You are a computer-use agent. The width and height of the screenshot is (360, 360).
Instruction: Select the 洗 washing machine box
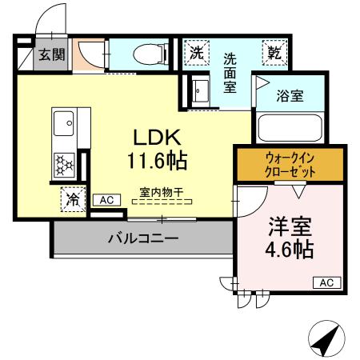coord(197,54)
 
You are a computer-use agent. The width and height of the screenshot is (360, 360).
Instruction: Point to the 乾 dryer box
coord(274,54)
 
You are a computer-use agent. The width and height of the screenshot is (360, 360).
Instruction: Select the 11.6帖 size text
coord(156,160)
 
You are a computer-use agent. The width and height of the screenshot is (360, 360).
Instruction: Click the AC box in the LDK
coord(105,200)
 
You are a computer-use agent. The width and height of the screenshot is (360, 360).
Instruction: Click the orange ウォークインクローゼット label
coord(290,164)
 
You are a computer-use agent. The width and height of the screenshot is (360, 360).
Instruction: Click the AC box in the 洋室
coord(326,282)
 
